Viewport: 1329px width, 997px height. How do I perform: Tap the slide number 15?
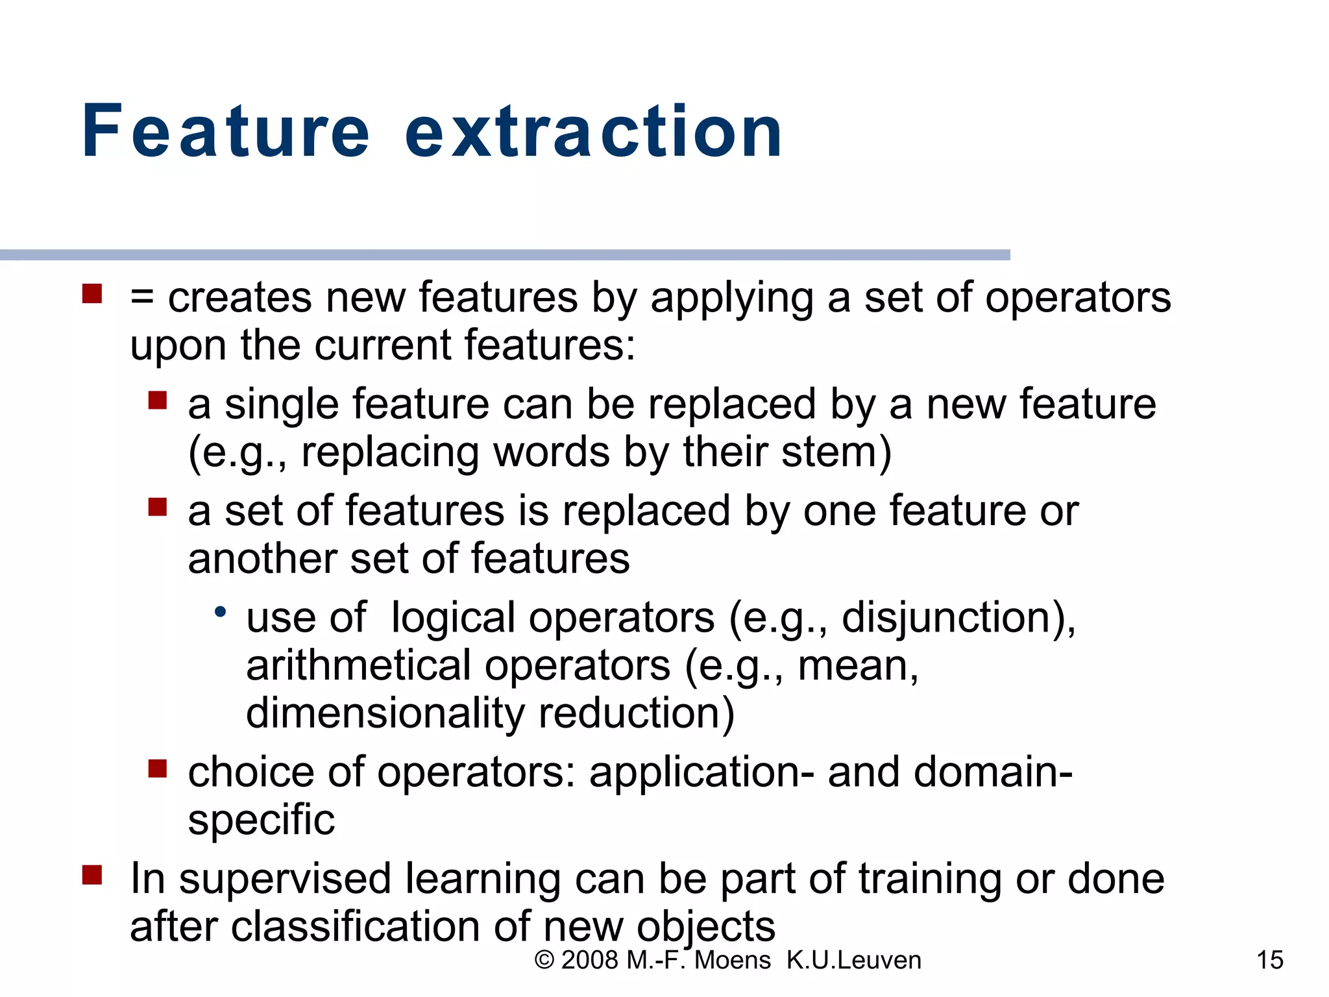(1269, 960)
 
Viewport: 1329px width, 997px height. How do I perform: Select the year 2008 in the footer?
(589, 960)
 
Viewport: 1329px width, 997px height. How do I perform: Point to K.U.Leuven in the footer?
(853, 960)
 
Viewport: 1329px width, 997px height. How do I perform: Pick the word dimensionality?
(385, 713)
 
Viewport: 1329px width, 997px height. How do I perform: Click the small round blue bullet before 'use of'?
(221, 611)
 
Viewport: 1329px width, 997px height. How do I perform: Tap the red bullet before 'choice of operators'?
(157, 769)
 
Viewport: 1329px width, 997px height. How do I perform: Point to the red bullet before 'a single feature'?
(157, 400)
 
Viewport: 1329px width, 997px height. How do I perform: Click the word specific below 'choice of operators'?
(261, 820)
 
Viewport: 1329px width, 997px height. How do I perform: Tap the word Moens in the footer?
(732, 960)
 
